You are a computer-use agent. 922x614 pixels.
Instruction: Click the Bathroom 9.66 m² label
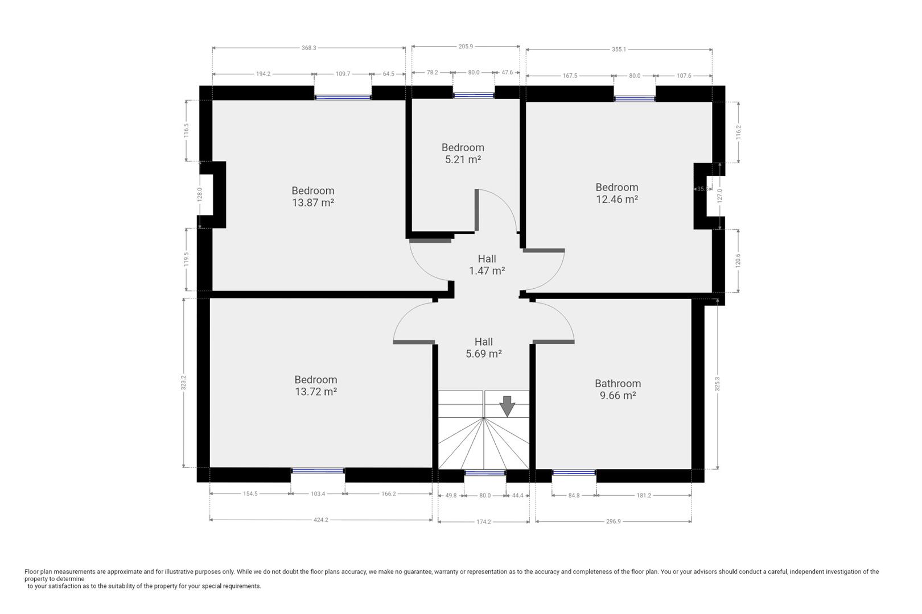618,389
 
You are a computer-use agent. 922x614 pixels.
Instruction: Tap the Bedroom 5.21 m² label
463,153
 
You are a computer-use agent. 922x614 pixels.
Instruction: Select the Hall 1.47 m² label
487,265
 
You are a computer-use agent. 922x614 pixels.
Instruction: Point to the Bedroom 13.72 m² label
315,385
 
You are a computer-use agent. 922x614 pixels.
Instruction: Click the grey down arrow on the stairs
507,406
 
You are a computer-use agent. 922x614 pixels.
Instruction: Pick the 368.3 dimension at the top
308,48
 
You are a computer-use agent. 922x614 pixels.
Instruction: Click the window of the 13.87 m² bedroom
343,97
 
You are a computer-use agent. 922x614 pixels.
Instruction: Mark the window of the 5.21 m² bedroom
474,96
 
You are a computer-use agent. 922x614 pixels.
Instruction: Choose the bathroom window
574,472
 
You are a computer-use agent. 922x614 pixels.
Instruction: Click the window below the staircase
485,473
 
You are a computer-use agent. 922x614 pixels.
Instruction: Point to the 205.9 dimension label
465,47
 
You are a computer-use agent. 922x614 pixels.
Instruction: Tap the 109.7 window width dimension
343,74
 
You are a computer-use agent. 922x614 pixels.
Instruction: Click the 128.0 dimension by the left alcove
200,194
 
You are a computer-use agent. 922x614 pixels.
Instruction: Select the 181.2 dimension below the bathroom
643,496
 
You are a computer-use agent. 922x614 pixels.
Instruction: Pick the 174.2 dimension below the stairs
483,522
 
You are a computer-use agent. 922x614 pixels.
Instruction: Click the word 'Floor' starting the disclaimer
32,572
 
